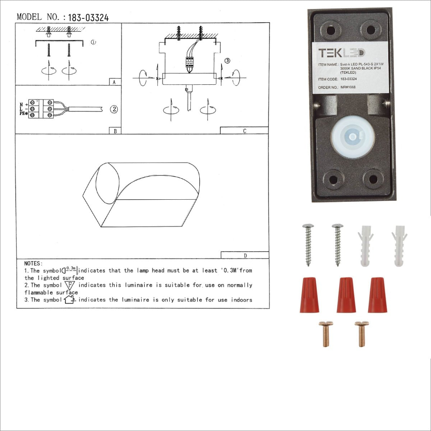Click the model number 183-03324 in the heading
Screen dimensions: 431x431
pos(88,18)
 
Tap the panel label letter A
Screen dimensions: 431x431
pos(114,82)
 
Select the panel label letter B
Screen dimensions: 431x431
pos(115,131)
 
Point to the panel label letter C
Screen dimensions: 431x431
pos(245,131)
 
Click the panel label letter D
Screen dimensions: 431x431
pos(245,256)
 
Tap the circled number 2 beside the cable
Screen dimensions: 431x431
pos(114,109)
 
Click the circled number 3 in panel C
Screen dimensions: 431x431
pos(227,61)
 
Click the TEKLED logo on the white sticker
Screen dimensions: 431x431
pos(341,53)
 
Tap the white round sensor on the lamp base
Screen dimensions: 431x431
pos(352,136)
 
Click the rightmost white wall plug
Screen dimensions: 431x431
pos(400,246)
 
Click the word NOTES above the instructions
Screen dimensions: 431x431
pos(33,264)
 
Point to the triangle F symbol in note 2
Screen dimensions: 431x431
pos(70,286)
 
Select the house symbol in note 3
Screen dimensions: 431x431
pos(69,300)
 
